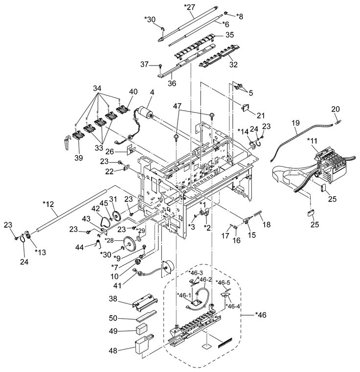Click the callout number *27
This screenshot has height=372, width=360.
[x=189, y=7]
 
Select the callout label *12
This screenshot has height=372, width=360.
[x=48, y=204]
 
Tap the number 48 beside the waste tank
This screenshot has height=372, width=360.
[x=113, y=350]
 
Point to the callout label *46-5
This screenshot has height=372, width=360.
[x=223, y=282]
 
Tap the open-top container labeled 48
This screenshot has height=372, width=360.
[x=142, y=345]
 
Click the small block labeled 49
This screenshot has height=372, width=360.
[x=141, y=330]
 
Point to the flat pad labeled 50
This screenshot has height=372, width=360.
[x=146, y=315]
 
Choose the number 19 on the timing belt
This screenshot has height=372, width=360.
[x=295, y=123]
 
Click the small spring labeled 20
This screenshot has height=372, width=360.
[x=338, y=122]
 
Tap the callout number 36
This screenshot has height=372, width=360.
[x=172, y=84]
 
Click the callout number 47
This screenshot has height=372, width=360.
[x=177, y=106]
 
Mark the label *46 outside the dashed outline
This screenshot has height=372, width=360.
[x=261, y=315]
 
